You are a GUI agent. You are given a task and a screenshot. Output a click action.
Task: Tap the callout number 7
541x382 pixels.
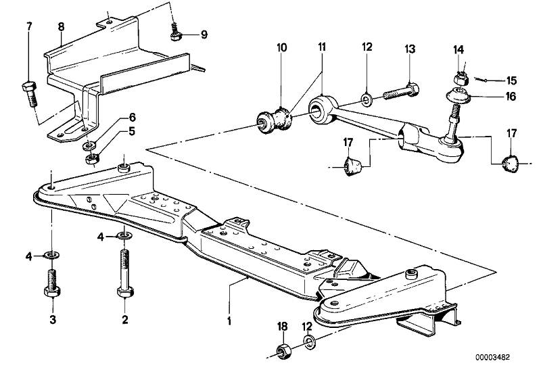pos(28,26)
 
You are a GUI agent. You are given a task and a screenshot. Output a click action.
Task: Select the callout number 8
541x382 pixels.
pos(61,27)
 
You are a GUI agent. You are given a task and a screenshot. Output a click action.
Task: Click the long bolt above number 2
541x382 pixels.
pos(124,274)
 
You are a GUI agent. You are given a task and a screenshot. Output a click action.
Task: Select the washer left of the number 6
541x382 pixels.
pos(88,146)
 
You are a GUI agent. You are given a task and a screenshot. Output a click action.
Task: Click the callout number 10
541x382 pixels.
pos(282,48)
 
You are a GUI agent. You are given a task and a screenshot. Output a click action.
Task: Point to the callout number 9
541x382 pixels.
pos(204,34)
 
